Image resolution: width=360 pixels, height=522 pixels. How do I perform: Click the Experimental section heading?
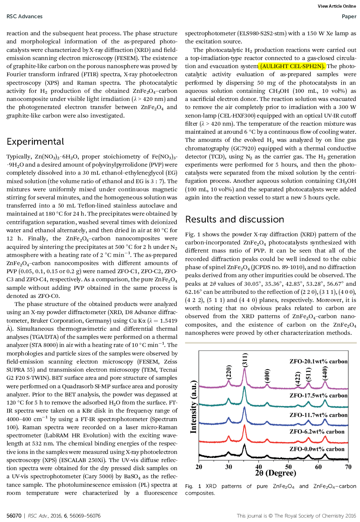[35, 142]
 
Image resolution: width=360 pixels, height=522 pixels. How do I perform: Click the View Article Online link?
[337, 6]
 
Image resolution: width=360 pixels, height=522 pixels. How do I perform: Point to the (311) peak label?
[245, 361]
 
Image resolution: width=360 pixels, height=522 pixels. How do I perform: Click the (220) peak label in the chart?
[229, 373]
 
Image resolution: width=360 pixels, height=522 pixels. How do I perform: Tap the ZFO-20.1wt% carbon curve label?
[318, 361]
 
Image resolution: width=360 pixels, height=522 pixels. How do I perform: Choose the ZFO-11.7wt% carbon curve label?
[318, 415]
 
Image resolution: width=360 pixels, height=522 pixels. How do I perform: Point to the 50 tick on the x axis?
[288, 467]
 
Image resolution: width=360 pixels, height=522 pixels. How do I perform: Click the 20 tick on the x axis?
[199, 467]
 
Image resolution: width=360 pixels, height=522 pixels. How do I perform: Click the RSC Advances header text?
[25, 17]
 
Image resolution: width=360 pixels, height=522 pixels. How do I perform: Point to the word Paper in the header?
[349, 17]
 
